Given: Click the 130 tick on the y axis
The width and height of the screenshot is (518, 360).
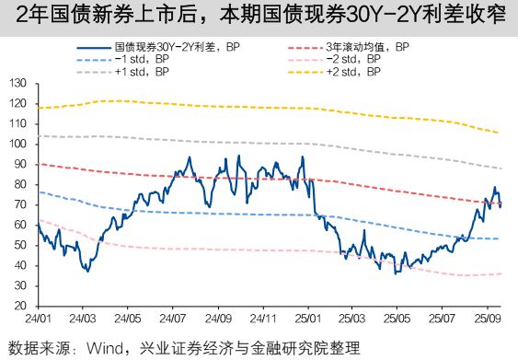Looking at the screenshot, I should (17, 83).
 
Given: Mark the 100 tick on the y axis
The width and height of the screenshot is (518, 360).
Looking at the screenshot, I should (17, 144).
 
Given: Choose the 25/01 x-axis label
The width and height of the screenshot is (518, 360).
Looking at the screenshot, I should (307, 319).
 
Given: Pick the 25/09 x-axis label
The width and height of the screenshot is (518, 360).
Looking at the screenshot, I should (487, 319).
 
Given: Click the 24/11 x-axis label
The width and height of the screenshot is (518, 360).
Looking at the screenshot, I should (262, 319).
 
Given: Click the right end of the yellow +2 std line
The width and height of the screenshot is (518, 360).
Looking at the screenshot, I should (500, 134).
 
